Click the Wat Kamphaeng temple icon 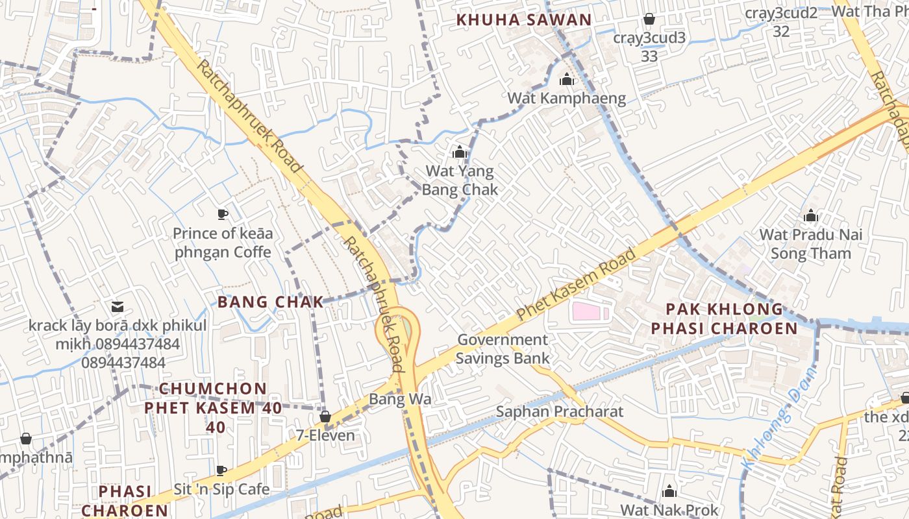567,80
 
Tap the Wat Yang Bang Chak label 460,180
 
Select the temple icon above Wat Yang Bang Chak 460,152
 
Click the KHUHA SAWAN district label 524,20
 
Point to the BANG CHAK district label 270,302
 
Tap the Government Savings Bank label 503,348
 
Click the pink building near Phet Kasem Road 588,311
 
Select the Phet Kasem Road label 576,285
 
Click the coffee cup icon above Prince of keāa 222,214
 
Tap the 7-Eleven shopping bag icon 325,416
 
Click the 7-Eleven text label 325,435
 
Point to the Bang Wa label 400,399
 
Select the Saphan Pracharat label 559,412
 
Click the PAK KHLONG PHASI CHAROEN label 725,319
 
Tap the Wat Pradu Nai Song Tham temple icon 810,216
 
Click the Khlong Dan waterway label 777,418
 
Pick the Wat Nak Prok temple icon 669,491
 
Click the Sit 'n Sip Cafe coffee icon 221,470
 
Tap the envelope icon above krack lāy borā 118,306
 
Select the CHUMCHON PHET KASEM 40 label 214,407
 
